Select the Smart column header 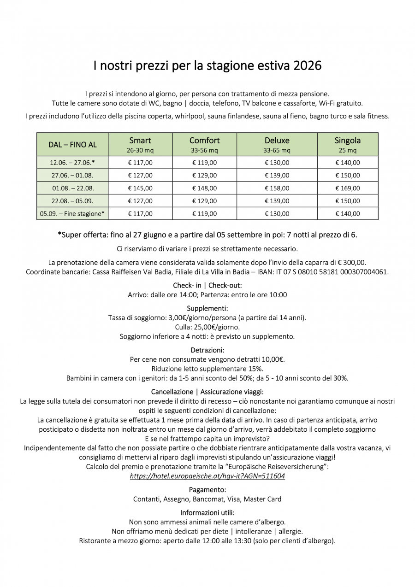(140, 141)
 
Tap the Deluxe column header (277, 141)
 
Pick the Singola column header (348, 141)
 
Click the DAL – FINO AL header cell (72, 145)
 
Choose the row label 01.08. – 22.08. (72, 188)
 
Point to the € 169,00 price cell (348, 188)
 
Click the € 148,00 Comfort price (204, 188)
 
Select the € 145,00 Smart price (140, 188)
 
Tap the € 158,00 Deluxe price (277, 188)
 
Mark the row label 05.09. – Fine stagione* (72, 214)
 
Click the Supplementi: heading (207, 308)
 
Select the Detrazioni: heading (207, 350)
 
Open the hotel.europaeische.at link (207, 476)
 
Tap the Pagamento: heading (207, 489)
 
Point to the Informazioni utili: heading (207, 512)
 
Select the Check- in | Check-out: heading (207, 285)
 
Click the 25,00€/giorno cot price (214, 327)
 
